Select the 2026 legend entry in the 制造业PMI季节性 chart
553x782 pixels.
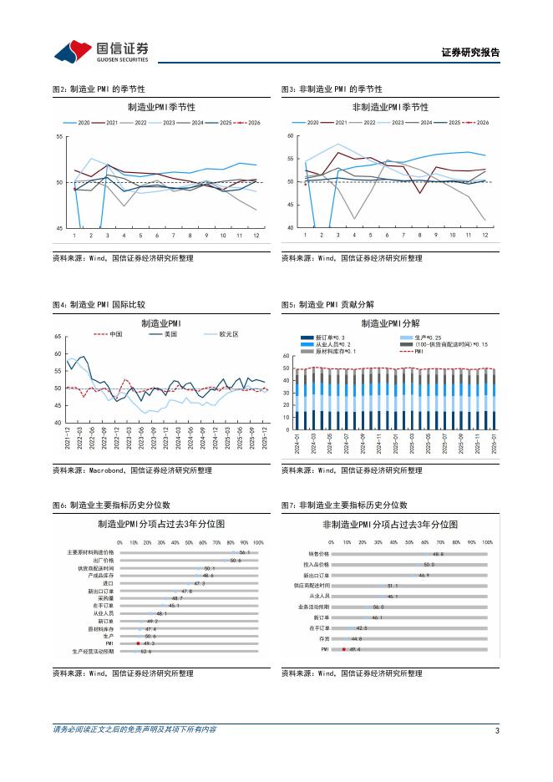coord(247,123)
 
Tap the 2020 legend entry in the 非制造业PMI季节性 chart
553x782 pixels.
coord(312,123)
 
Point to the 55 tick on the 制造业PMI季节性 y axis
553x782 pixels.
coord(59,136)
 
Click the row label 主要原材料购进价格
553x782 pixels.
coord(90,552)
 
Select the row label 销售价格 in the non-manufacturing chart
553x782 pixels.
coord(318,553)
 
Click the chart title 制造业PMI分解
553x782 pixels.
coord(390,322)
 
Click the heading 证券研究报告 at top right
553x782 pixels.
coord(469,52)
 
